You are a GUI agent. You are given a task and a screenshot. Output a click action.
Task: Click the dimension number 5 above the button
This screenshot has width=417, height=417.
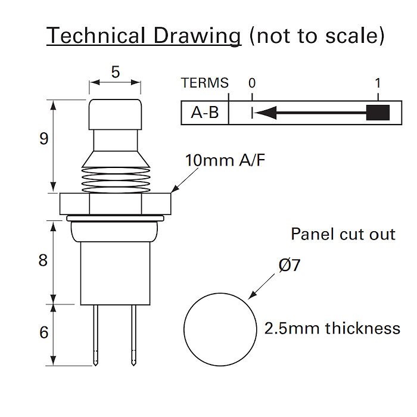pyautogui.click(x=115, y=72)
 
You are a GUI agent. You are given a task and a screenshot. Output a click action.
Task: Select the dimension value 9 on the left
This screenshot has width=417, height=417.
pyautogui.click(x=43, y=139)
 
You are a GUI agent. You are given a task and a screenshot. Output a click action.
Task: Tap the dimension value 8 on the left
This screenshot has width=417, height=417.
pyautogui.click(x=43, y=260)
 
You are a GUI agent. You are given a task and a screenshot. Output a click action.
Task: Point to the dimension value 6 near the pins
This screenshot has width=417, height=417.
pyautogui.click(x=43, y=332)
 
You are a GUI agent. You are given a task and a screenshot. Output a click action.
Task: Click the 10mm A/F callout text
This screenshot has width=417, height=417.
pyautogui.click(x=225, y=160)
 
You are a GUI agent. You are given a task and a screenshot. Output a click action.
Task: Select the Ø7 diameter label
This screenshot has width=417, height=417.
pyautogui.click(x=289, y=265)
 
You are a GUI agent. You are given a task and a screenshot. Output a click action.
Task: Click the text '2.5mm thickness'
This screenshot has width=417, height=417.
pyautogui.click(x=332, y=328)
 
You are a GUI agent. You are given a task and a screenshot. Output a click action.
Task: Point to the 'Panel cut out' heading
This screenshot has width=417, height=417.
pyautogui.click(x=343, y=234)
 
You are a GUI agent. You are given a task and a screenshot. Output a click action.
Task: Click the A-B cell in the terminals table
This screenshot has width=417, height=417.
pyautogui.click(x=204, y=113)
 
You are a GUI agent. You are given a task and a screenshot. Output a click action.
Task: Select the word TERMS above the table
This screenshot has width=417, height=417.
pyautogui.click(x=204, y=83)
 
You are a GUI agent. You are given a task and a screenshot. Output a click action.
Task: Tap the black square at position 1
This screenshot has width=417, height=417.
pyautogui.click(x=378, y=113)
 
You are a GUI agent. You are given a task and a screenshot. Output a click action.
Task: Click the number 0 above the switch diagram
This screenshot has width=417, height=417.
pyautogui.click(x=252, y=83)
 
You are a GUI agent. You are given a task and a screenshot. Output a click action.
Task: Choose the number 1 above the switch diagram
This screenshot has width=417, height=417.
pyautogui.click(x=378, y=83)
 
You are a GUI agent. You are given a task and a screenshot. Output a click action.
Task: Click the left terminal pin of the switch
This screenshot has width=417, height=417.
pyautogui.click(x=95, y=334)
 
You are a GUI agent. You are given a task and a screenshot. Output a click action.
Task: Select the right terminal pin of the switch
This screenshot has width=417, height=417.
pyautogui.click(x=133, y=334)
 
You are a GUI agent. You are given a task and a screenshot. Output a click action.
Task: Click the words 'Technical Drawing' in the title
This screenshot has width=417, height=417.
pyautogui.click(x=144, y=36)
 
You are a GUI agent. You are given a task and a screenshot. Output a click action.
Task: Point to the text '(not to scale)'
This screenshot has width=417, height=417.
pyautogui.click(x=316, y=36)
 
